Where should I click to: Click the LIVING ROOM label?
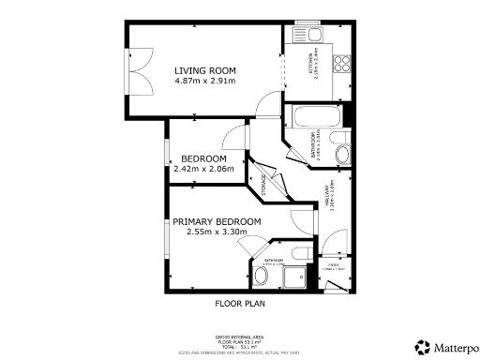tap(204, 70)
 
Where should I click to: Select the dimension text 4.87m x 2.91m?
tap(204, 81)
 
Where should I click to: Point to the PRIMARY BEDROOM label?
tap(217, 221)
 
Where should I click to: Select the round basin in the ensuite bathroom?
tap(261, 276)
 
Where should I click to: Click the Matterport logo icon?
tap(425, 346)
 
